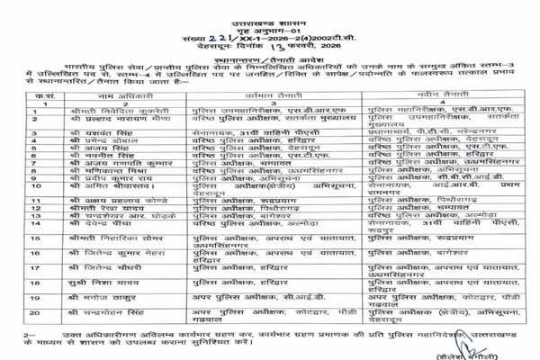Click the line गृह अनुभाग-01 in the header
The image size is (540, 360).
pyautogui.click(x=271, y=19)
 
